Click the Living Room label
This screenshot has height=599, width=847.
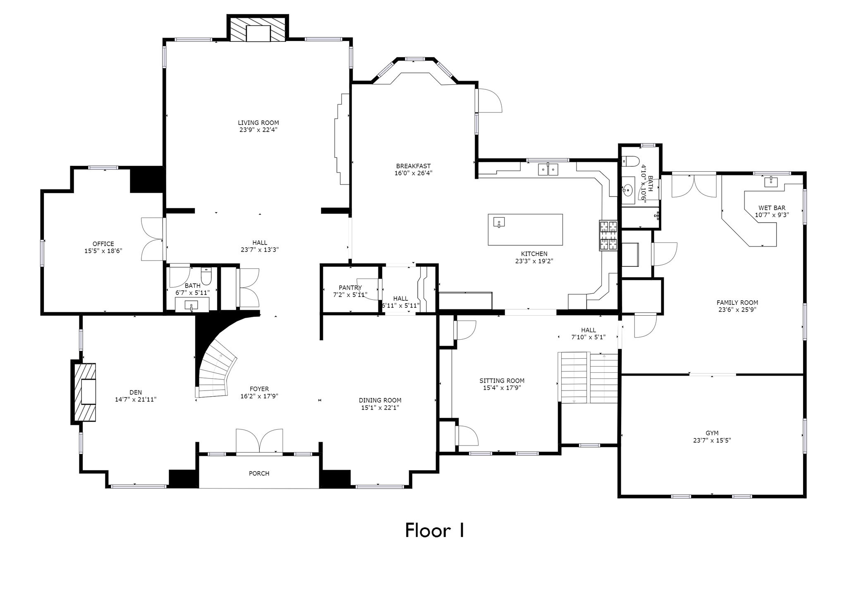pyautogui.click(x=258, y=123)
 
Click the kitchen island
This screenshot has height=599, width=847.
pyautogui.click(x=525, y=230)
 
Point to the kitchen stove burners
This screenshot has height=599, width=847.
pyautogui.click(x=608, y=236)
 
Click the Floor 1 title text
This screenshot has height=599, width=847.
pyautogui.click(x=434, y=530)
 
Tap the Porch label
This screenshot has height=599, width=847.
pyautogui.click(x=259, y=473)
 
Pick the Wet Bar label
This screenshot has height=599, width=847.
pyautogui.click(x=772, y=208)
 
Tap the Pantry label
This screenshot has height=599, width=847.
pyautogui.click(x=350, y=288)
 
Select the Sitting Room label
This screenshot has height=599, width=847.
pyautogui.click(x=502, y=381)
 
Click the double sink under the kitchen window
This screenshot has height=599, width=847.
pyautogui.click(x=548, y=169)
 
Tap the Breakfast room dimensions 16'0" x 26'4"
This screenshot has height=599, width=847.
pyautogui.click(x=414, y=173)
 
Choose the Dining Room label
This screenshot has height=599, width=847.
pyautogui.click(x=380, y=400)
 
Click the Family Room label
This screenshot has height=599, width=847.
pyautogui.click(x=737, y=302)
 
